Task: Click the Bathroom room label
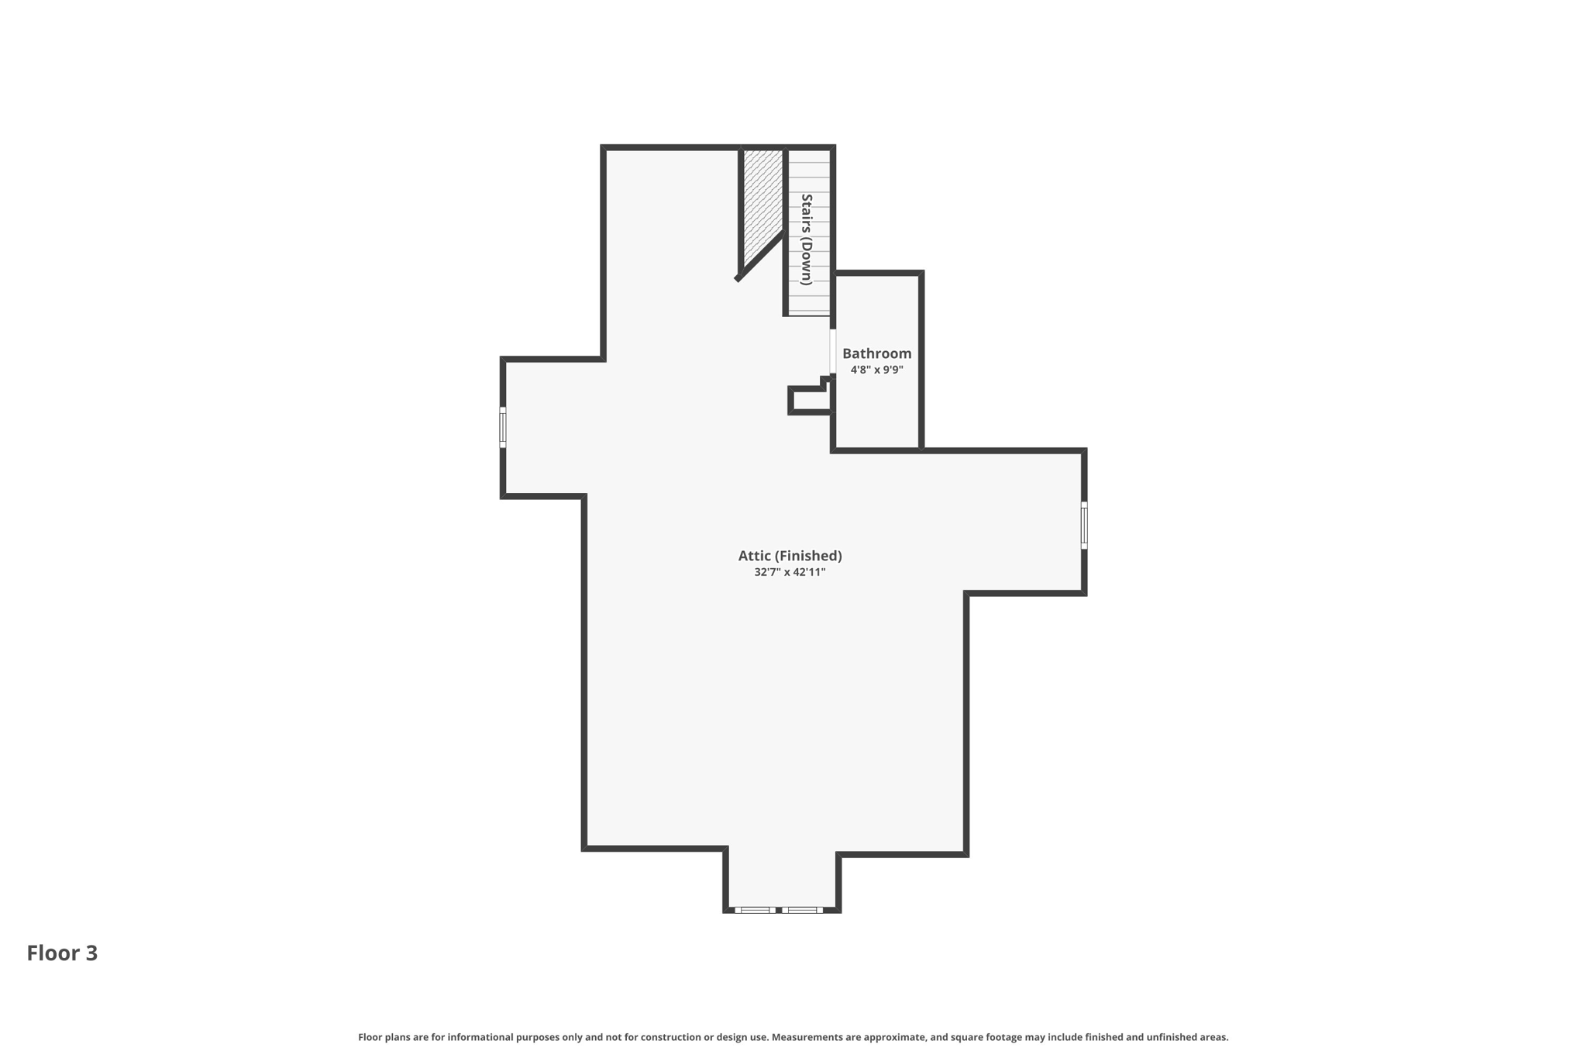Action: click(876, 353)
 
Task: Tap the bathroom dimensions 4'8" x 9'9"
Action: click(876, 370)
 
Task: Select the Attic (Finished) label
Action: click(790, 556)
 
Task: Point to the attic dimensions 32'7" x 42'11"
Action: click(790, 572)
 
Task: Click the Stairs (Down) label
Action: click(807, 240)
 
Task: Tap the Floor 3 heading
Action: click(62, 953)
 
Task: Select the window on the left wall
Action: click(503, 427)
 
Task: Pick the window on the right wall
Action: click(1084, 526)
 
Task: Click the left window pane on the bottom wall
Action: click(754, 910)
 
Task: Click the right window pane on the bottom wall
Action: click(802, 910)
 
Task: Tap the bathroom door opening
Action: click(833, 352)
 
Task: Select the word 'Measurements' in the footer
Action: click(806, 1037)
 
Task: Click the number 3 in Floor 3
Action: click(91, 953)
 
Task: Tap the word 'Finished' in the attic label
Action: click(809, 556)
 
